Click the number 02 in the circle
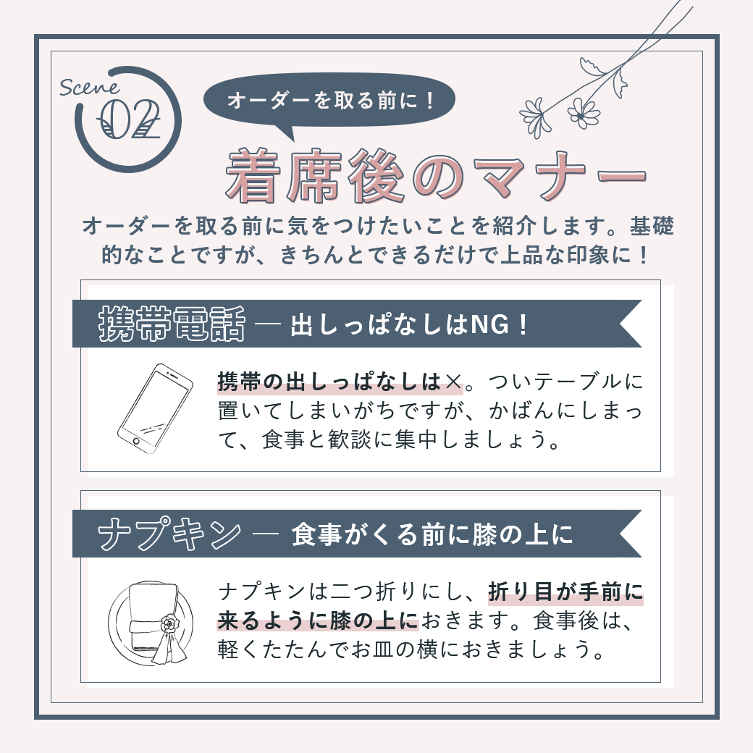pyautogui.click(x=129, y=120)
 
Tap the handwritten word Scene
pyautogui.click(x=89, y=88)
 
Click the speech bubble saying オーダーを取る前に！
pyautogui.click(x=329, y=101)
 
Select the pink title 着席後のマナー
pyautogui.click(x=436, y=176)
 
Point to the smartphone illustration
pyautogui.click(x=155, y=408)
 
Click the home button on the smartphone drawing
pyautogui.click(x=136, y=441)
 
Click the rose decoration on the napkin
pyautogui.click(x=169, y=623)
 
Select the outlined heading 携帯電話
pyautogui.click(x=172, y=324)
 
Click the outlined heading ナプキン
pyautogui.click(x=169, y=534)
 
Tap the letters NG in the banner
pyautogui.click(x=490, y=324)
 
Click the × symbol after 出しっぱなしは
pyautogui.click(x=453, y=382)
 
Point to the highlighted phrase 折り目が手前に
pyautogui.click(x=565, y=592)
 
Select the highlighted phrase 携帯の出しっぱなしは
pyautogui.click(x=329, y=382)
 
